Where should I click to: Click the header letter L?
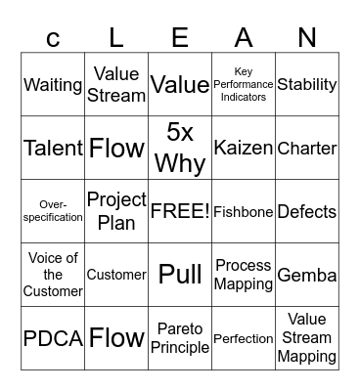point(116,38)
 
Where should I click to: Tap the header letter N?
point(307,38)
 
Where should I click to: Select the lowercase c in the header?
point(53,39)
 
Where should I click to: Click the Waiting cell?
point(53,85)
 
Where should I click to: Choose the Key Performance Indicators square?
point(244,85)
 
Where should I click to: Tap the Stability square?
point(307,85)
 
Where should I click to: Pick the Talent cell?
point(53,149)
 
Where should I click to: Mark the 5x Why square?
point(180,149)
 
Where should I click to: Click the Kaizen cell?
point(244,149)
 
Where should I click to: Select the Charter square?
point(307,149)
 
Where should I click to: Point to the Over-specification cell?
point(53,211)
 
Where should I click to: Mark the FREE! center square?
point(180,211)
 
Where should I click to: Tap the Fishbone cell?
point(244,211)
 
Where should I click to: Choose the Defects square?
point(307,211)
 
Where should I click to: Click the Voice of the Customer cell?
point(53,275)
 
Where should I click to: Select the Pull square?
point(180,275)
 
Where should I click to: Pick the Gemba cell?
point(307,275)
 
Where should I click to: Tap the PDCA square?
point(53,338)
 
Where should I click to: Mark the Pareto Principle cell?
point(180,338)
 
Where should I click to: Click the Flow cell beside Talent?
point(116,149)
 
